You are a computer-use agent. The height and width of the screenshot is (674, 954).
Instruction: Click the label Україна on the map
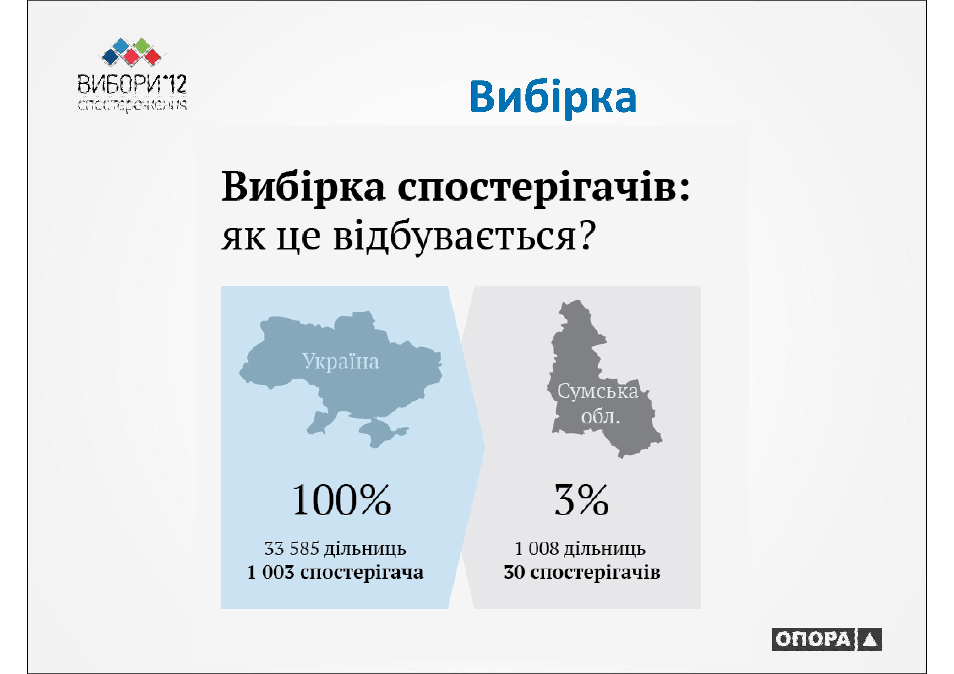(x=340, y=361)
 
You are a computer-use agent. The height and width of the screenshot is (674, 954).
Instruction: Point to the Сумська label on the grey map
(x=597, y=391)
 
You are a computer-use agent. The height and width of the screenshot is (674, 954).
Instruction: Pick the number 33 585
(x=292, y=549)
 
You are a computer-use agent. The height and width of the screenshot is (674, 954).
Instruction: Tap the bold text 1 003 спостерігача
(x=335, y=572)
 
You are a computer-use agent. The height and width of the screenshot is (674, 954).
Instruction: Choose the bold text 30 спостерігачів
(x=582, y=572)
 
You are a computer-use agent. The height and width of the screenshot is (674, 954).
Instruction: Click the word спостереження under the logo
(x=132, y=105)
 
